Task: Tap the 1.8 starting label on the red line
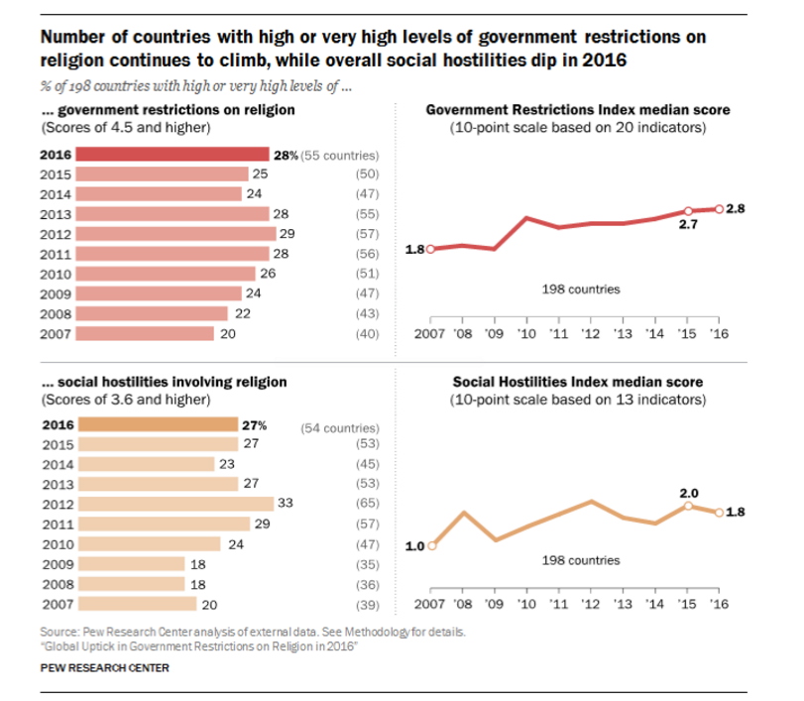point(415,250)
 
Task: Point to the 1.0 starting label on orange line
point(415,546)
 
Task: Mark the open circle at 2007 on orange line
point(431,544)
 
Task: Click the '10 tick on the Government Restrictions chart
point(526,333)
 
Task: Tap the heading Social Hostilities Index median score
point(578,382)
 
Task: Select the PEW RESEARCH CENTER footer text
point(104,667)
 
